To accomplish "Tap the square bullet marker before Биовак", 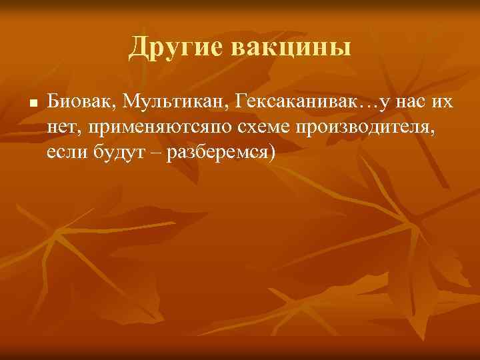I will point(32,104).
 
